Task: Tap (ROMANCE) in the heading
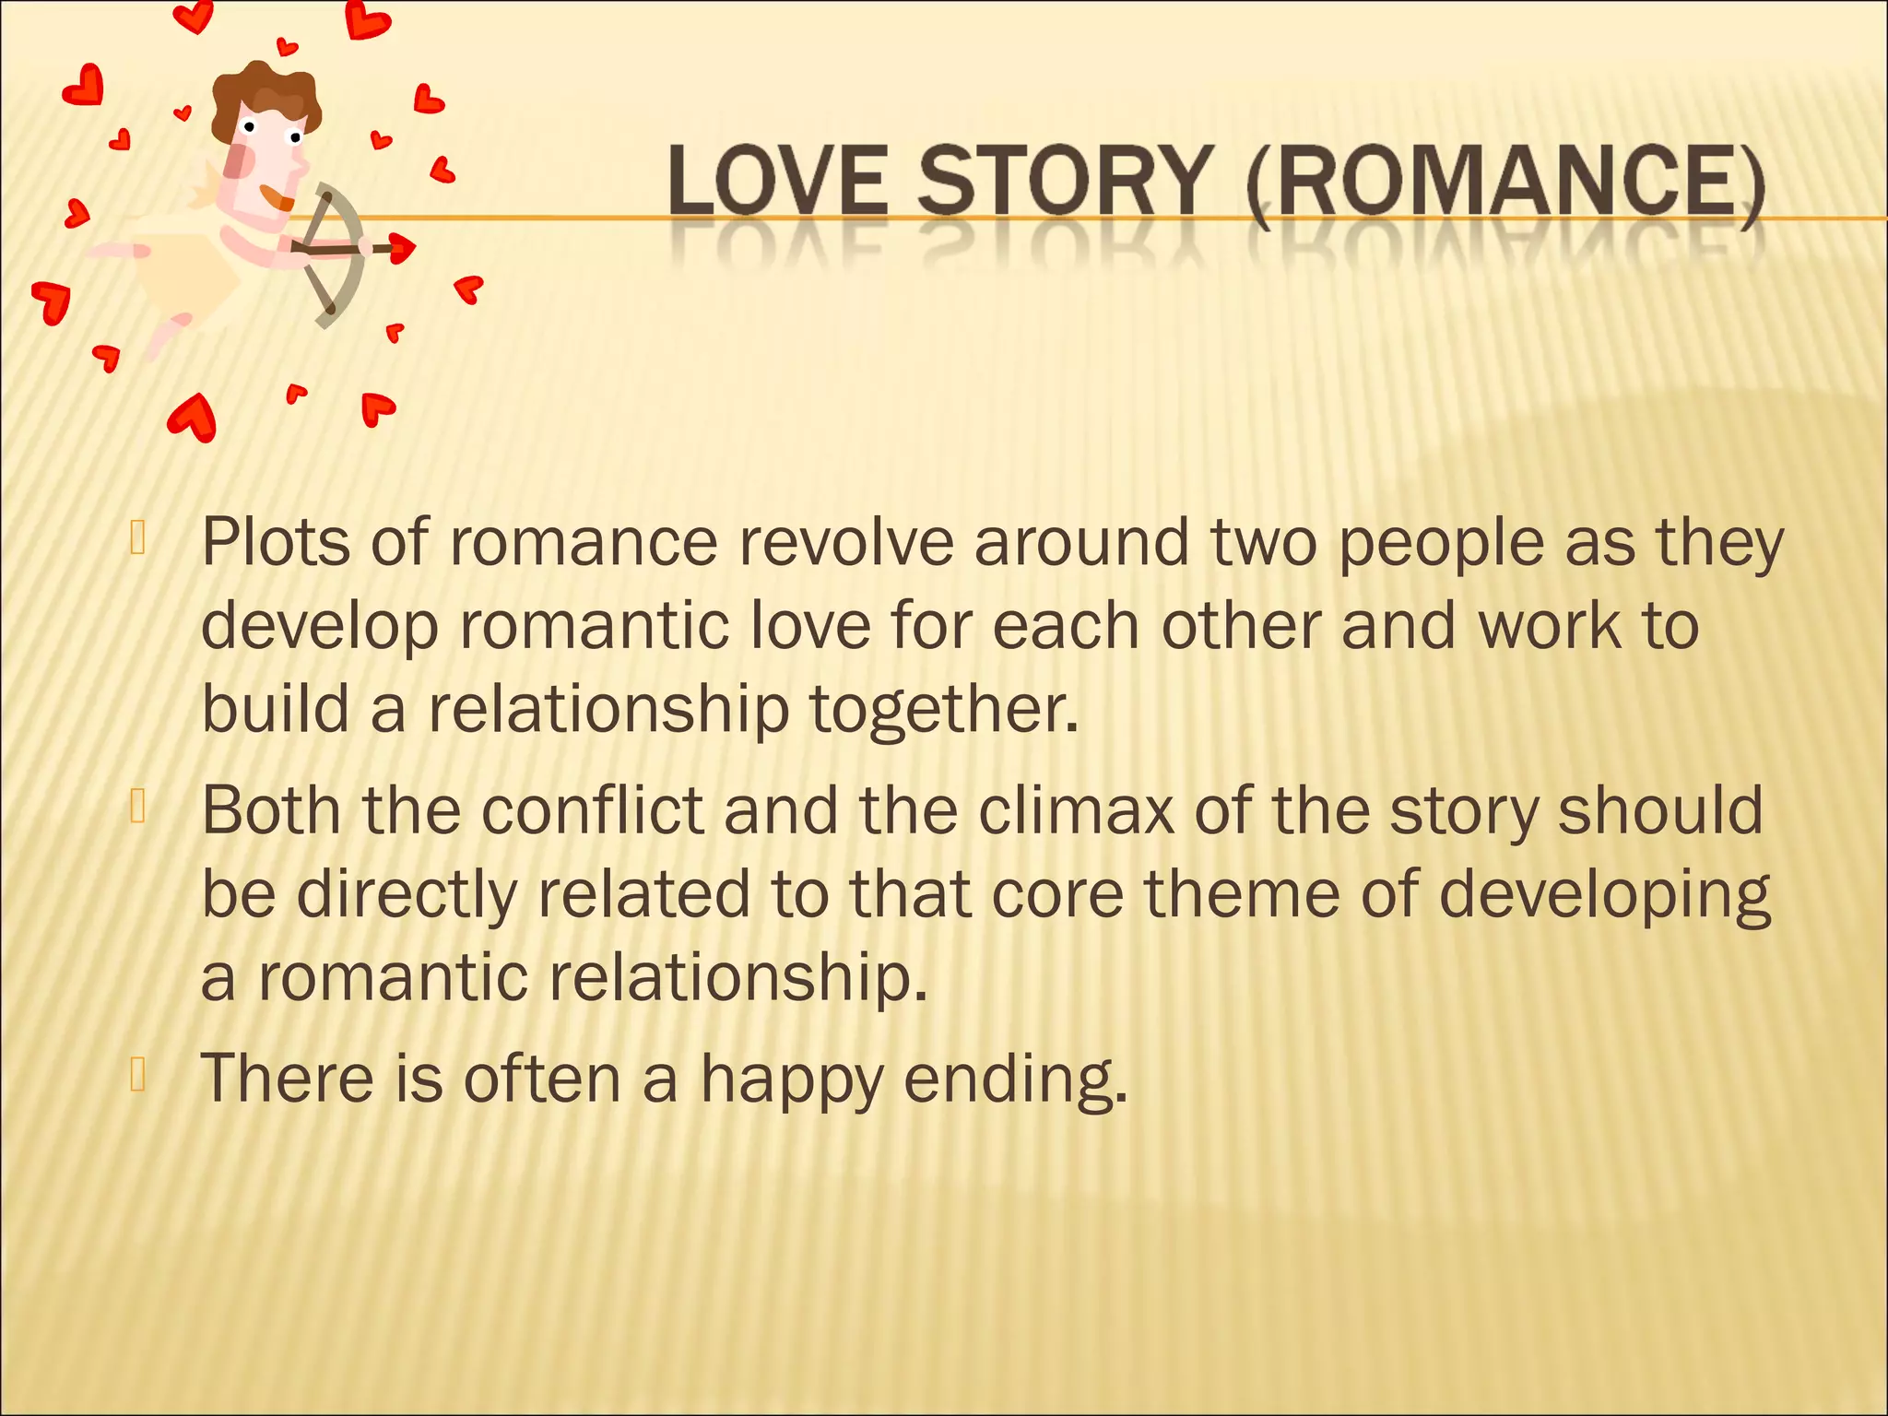coord(1504,183)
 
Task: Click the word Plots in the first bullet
coord(276,543)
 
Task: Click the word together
coord(943,711)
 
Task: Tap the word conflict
coord(592,810)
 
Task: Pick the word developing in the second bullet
coord(1604,896)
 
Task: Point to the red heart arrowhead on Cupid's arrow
coord(403,247)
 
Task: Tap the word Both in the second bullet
coord(271,810)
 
